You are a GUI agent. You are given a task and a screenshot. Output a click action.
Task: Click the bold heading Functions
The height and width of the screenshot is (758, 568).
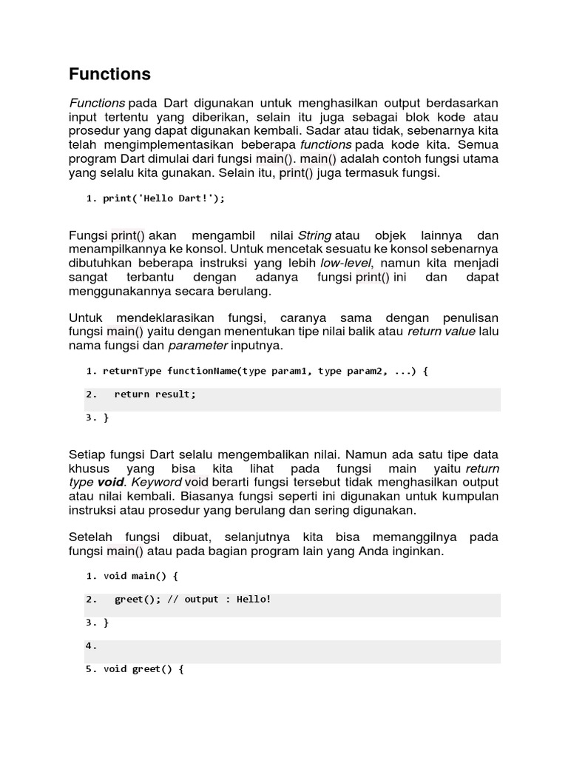point(109,74)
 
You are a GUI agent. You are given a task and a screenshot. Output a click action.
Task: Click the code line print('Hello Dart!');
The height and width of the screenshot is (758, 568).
point(163,198)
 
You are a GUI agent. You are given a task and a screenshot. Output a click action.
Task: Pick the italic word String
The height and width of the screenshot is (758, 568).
point(314,235)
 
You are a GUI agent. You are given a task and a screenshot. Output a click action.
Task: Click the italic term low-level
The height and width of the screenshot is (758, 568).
point(347,263)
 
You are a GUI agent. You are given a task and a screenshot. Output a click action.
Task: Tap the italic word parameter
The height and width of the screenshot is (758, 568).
point(197,346)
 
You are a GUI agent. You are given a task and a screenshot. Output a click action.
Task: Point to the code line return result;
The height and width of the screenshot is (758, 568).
point(155,395)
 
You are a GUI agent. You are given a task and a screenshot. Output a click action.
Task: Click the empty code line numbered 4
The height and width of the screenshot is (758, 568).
point(292,646)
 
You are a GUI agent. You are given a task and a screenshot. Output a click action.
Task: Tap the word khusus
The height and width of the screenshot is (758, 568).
point(89,469)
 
